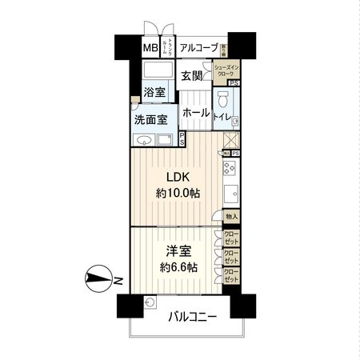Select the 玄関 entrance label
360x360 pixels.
[x=191, y=76]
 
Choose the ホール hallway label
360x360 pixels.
[x=195, y=113]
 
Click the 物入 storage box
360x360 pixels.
[x=230, y=217]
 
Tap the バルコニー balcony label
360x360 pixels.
[x=193, y=317]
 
